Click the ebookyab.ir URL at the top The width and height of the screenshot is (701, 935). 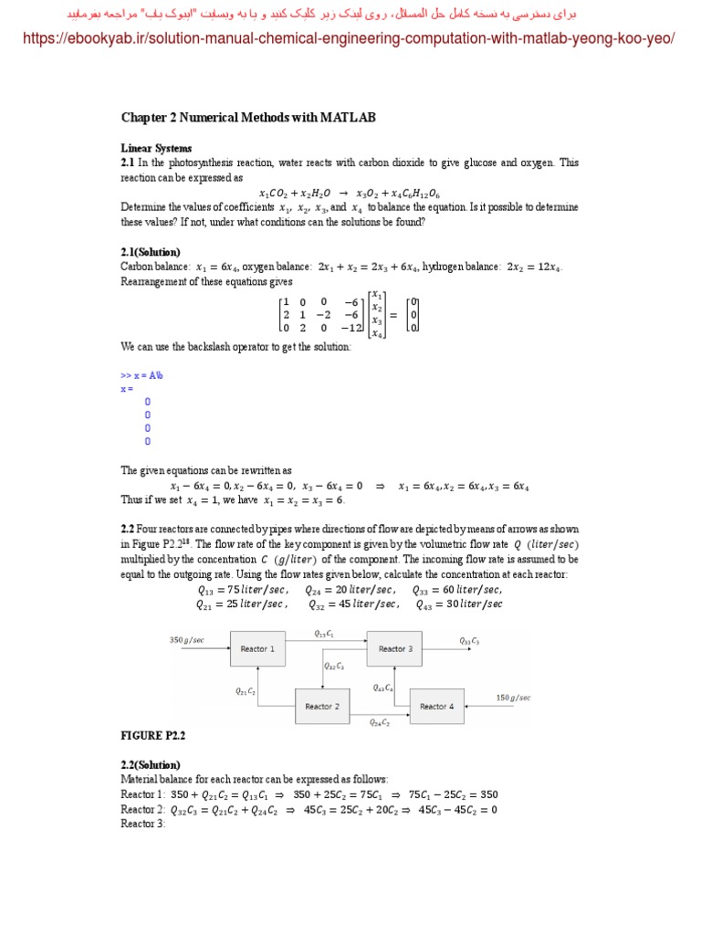tap(350, 38)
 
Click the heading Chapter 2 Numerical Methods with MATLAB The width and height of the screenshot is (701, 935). tap(248, 118)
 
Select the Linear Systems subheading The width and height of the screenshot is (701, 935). tap(156, 148)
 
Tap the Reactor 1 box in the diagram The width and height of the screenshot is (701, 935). tap(255, 649)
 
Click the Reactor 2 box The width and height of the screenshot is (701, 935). tap(321, 706)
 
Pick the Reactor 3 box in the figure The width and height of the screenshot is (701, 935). tap(395, 649)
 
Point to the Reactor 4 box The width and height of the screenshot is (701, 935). tap(436, 706)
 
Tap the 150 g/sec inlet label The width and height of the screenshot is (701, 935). tap(513, 698)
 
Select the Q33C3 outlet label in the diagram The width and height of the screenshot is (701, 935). tap(469, 641)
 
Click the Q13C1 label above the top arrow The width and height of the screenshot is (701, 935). tap(324, 633)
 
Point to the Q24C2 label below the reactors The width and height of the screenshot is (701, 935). tap(379, 722)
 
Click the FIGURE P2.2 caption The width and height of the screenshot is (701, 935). tap(153, 735)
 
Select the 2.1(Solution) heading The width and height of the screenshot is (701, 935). tap(151, 252)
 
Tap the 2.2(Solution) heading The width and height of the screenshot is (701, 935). tap(151, 765)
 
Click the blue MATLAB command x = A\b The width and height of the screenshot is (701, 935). tap(141, 375)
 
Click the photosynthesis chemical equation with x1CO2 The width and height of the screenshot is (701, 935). tap(350, 193)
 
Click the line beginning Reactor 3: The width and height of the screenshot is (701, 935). tap(143, 824)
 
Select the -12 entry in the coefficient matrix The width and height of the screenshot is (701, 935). tap(350, 327)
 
